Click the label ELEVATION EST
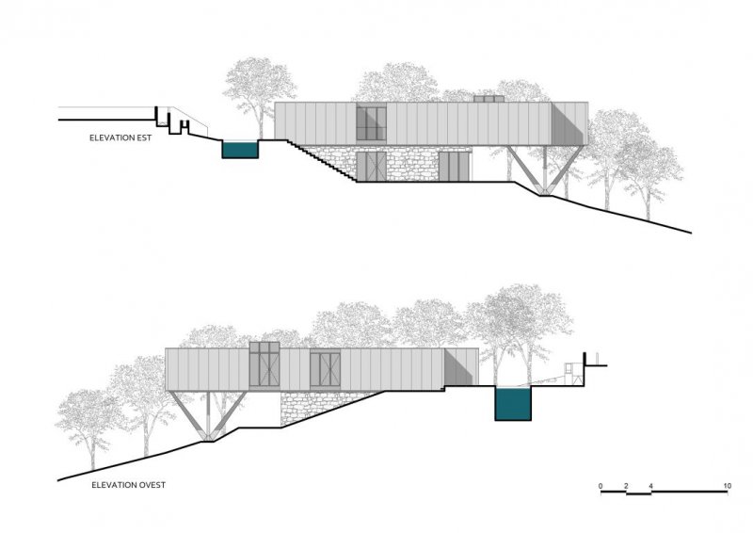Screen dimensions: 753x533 pyautogui.click(x=120, y=137)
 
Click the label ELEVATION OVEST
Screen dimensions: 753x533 pyautogui.click(x=128, y=485)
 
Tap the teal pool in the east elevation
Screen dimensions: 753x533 pyautogui.click(x=240, y=150)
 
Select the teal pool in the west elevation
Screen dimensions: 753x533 pyautogui.click(x=513, y=404)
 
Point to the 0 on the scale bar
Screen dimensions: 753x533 pyautogui.click(x=601, y=486)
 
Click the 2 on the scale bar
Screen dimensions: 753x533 pyautogui.click(x=626, y=486)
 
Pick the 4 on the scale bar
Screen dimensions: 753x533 pyautogui.click(x=650, y=486)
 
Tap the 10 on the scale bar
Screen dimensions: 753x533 pyautogui.click(x=727, y=486)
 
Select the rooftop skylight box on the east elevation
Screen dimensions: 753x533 pyautogui.click(x=489, y=99)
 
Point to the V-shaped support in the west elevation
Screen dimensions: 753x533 pyautogui.click(x=207, y=415)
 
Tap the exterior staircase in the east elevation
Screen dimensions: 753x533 pyautogui.click(x=322, y=161)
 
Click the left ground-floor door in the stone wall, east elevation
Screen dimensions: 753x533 pyautogui.click(x=371, y=167)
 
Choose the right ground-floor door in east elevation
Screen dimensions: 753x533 pyautogui.click(x=454, y=167)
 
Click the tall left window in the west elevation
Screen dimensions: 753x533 pyautogui.click(x=264, y=364)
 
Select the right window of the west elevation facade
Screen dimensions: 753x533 pyautogui.click(x=325, y=369)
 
